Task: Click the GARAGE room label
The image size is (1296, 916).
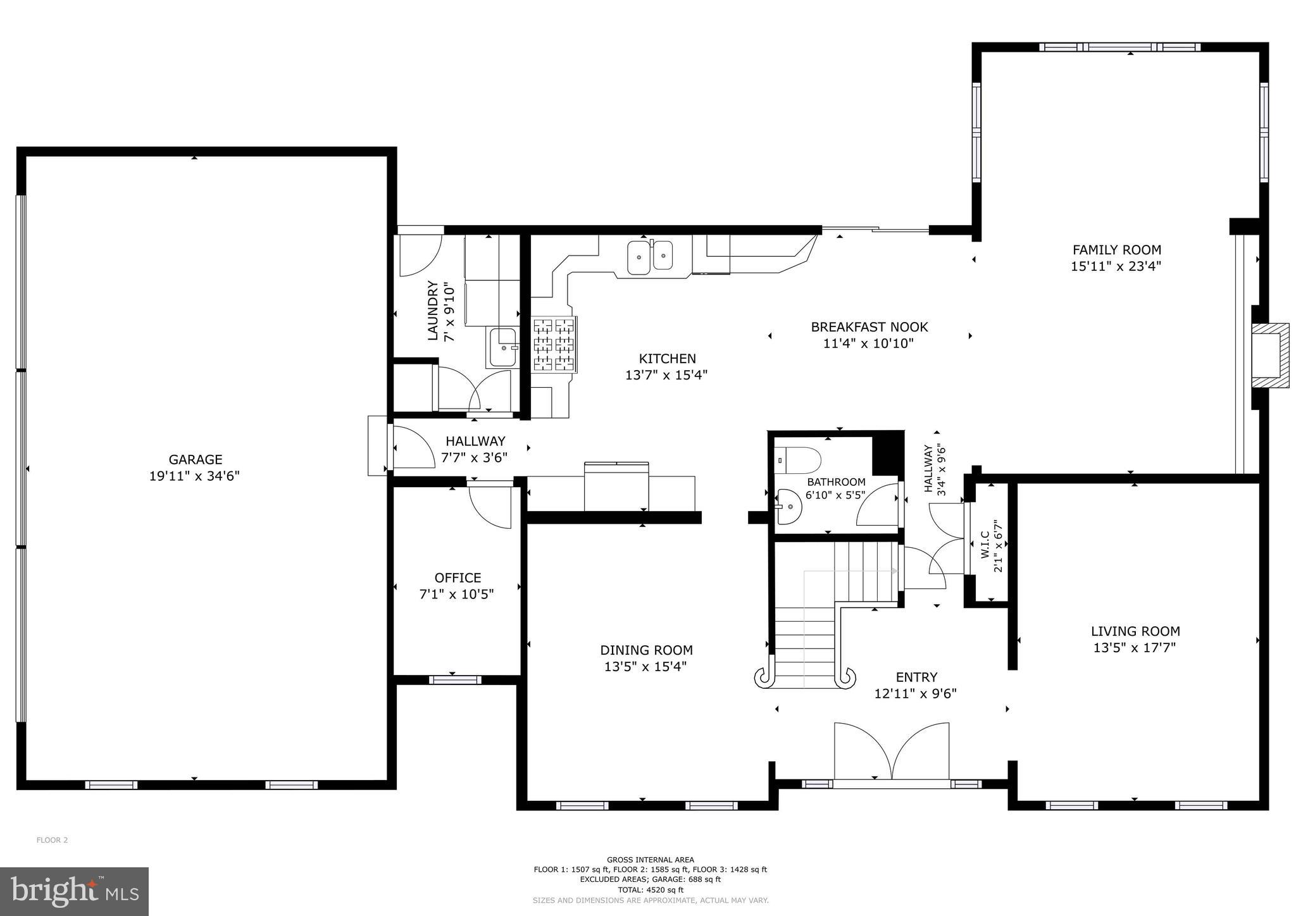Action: [195, 459]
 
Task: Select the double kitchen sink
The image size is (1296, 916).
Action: [651, 257]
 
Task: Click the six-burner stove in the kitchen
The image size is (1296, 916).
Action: [554, 344]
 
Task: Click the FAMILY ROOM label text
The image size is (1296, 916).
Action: [1116, 250]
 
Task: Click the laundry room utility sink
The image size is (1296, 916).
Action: [504, 348]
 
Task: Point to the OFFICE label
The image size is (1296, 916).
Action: [458, 578]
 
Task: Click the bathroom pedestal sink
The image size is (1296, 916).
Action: [788, 507]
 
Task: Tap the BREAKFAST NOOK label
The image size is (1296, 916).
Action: [869, 327]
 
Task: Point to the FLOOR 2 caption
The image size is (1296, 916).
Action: [52, 840]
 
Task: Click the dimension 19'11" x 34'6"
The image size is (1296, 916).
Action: [194, 476]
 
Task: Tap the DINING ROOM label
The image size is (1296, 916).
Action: [646, 650]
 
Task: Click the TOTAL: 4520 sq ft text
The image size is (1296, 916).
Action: [650, 889]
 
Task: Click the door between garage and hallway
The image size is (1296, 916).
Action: [411, 447]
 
